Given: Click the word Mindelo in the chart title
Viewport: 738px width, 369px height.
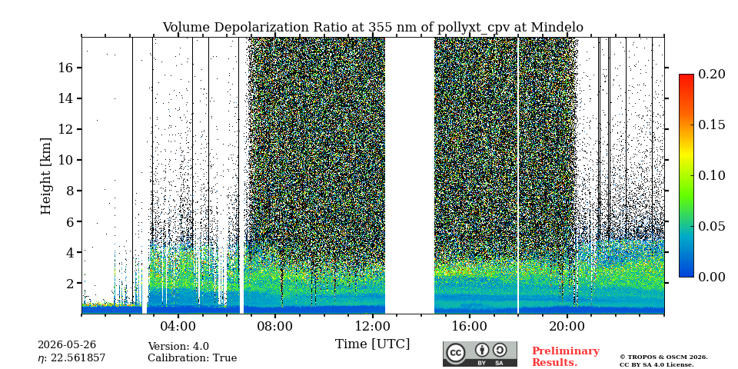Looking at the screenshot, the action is (557, 28).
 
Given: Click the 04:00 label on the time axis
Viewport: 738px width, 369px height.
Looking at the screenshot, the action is (178, 326).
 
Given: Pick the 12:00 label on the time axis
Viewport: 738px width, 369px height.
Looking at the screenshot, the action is (372, 326).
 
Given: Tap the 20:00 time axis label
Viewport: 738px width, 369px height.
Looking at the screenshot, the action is (567, 326).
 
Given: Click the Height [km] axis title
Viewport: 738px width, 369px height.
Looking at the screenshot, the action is (45, 176).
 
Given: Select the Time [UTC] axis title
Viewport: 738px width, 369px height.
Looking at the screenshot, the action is (372, 344).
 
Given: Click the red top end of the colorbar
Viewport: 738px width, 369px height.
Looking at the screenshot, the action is (686, 76).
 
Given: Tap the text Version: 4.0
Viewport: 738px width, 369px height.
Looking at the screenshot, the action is (178, 347).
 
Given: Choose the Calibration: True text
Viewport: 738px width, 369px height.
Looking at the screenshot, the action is (192, 358).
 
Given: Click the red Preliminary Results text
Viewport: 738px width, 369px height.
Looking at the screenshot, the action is (566, 357).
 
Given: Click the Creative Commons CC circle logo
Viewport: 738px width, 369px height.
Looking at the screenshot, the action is (455, 353).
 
